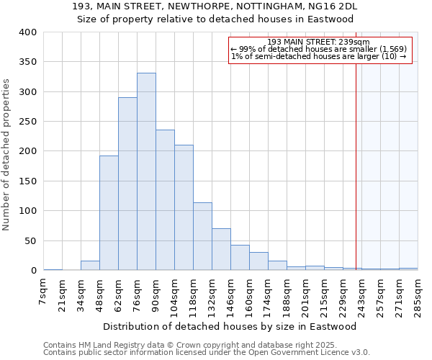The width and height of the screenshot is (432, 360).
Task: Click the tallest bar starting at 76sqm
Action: (x=146, y=173)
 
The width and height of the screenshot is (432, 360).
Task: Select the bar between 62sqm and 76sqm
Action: (x=127, y=184)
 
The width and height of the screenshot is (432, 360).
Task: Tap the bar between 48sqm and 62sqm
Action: (x=109, y=213)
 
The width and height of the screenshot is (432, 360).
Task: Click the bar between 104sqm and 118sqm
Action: (x=184, y=208)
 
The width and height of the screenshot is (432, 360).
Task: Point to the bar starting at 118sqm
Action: (x=202, y=237)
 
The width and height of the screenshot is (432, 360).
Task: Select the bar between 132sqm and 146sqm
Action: (x=221, y=250)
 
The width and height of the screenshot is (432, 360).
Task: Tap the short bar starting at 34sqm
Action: (x=90, y=266)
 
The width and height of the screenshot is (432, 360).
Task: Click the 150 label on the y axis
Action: (x=28, y=181)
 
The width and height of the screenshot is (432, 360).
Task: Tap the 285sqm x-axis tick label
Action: (x=418, y=294)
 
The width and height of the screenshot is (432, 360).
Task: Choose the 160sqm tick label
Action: (x=249, y=294)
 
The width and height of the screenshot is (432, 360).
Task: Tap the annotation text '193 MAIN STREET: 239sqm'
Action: (x=318, y=42)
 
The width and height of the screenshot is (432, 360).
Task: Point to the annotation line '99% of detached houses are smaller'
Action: (x=318, y=49)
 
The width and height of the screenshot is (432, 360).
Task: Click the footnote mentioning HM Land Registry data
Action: (x=206, y=345)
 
